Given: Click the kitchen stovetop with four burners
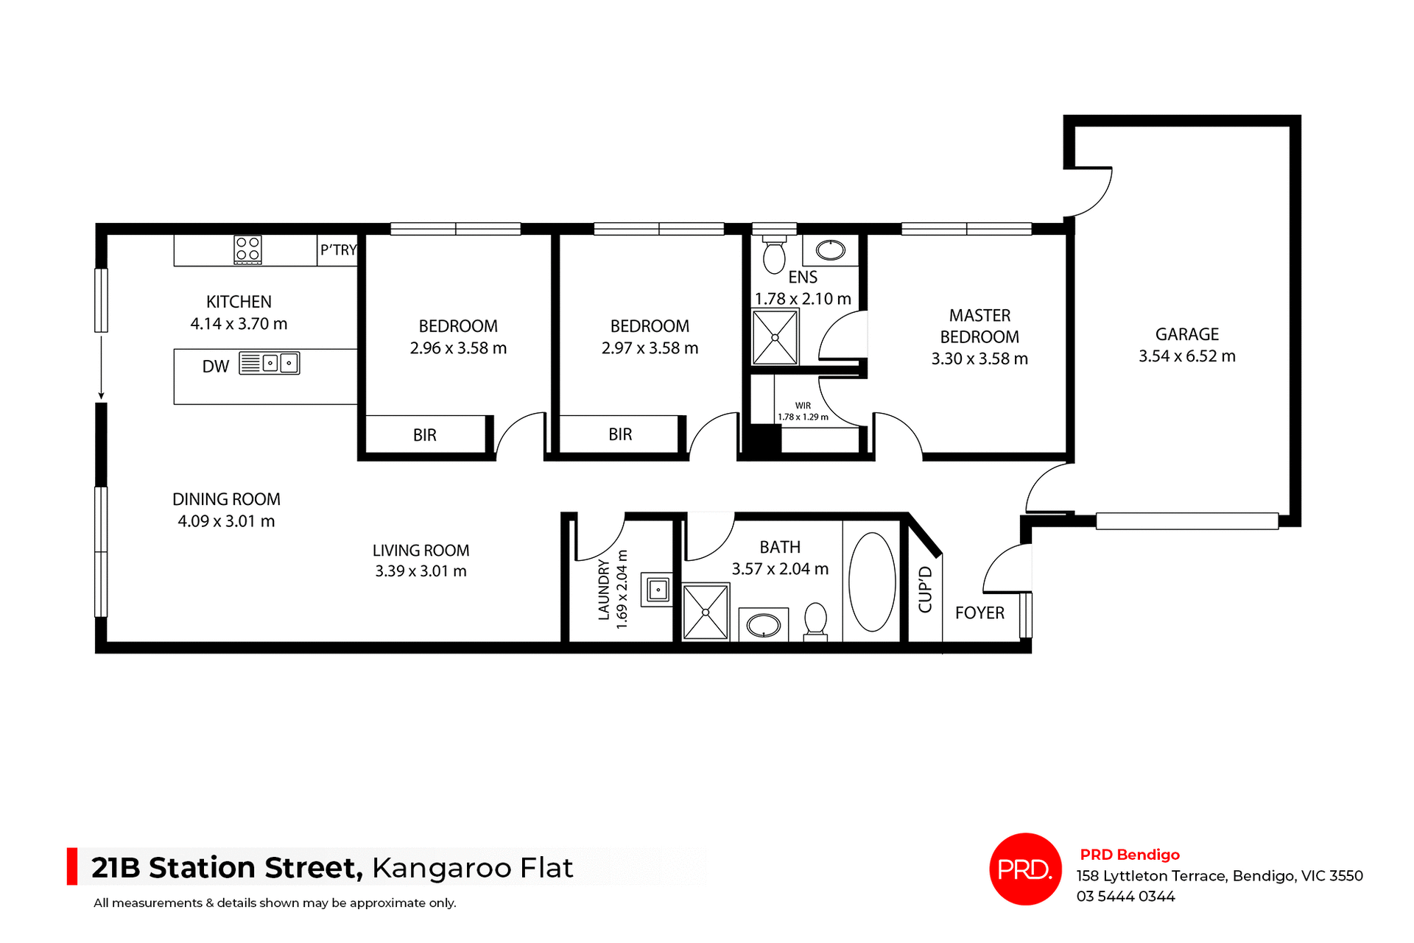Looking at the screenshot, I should click(247, 250).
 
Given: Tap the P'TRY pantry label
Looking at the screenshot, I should click(338, 250).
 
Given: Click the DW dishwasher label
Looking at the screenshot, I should click(216, 367).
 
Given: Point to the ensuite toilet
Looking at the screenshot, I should click(773, 255).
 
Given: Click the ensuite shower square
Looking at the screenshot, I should click(775, 337).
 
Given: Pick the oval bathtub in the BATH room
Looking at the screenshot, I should click(872, 582).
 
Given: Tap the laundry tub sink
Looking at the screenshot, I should click(657, 590).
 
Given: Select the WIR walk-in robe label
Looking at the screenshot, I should click(803, 406).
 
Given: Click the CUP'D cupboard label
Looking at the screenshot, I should click(926, 589).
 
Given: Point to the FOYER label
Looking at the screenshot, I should click(979, 613).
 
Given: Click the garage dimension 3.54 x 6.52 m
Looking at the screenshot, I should click(1186, 356).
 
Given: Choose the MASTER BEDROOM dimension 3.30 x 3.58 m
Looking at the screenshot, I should click(979, 359).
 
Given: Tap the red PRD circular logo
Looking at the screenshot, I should click(1025, 869).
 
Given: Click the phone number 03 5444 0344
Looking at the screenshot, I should click(1125, 897).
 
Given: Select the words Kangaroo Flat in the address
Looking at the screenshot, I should click(472, 869).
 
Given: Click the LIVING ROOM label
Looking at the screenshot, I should click(421, 551).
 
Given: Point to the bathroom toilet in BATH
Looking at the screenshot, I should click(815, 621).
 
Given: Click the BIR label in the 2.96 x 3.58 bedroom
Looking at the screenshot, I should click(425, 435).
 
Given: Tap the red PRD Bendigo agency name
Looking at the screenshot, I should click(1130, 855).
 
